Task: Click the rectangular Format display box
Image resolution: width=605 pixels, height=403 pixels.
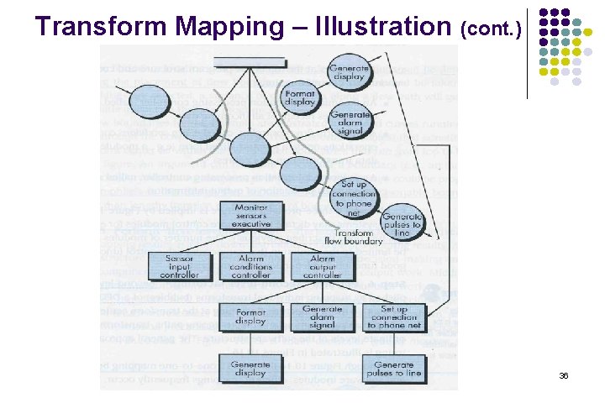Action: click(251, 317)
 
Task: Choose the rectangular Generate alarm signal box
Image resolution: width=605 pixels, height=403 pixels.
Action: click(322, 317)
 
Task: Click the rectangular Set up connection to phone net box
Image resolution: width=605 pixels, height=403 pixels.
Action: click(395, 317)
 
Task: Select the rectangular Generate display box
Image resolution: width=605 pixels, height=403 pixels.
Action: click(251, 369)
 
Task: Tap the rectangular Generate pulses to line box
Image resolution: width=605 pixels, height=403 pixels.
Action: click(395, 369)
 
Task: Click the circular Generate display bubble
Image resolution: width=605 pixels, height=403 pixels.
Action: click(348, 73)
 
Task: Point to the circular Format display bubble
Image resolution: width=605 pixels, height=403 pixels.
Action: click(299, 98)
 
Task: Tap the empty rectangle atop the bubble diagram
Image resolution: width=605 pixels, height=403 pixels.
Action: click(249, 60)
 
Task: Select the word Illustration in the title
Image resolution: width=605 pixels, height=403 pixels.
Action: click(394, 26)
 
